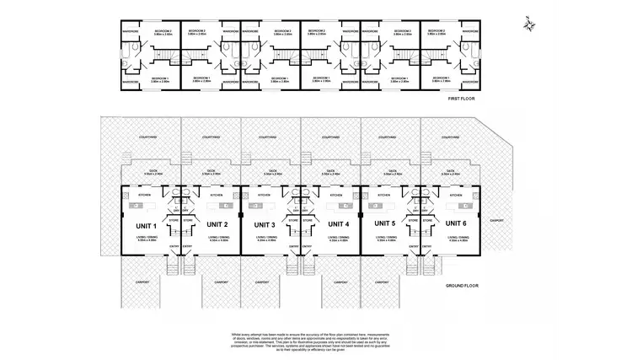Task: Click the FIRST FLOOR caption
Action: pos(463,99)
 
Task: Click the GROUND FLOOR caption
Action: pos(461,286)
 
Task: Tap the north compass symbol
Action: pos(528,23)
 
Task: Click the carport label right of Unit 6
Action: pos(496,221)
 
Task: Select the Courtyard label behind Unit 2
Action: pos(212,136)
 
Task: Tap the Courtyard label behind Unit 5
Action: pos(391,136)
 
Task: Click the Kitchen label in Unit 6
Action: pos(456,195)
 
